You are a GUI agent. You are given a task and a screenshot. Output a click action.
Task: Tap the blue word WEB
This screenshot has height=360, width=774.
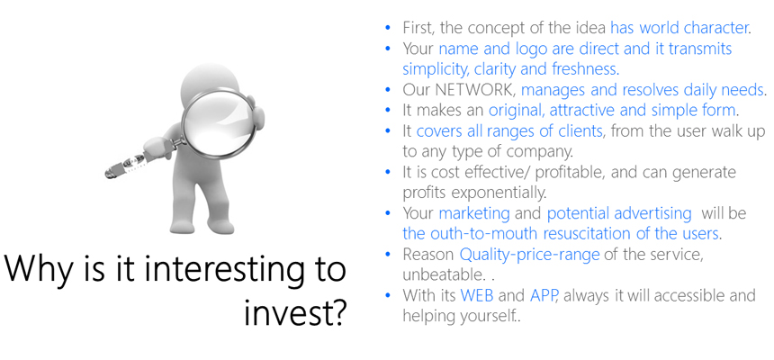(x=477, y=296)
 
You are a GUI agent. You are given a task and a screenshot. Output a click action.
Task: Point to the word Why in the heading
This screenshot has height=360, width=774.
(x=38, y=271)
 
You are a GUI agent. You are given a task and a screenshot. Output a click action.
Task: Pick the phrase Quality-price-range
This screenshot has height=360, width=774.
(x=530, y=255)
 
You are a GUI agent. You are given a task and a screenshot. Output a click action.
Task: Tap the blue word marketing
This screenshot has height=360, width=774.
(x=474, y=214)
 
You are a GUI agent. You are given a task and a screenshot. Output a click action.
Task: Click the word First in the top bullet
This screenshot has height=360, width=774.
(x=418, y=28)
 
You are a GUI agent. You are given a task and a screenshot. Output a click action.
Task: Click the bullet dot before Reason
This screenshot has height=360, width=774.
(x=388, y=255)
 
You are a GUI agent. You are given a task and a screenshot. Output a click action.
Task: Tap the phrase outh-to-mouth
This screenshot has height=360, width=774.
(x=487, y=234)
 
